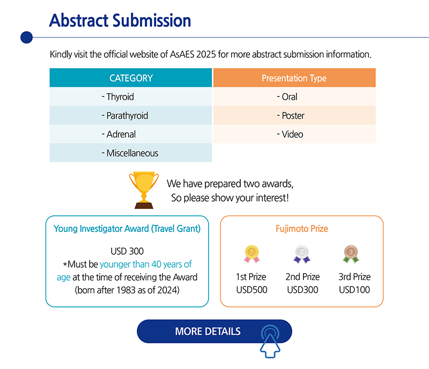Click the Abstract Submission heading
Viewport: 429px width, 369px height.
tap(120, 20)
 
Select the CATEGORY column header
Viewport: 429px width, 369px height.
tap(131, 78)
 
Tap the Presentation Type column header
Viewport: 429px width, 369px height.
tap(294, 78)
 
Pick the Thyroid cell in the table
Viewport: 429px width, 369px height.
tap(131, 96)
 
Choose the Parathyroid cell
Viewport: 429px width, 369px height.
tap(131, 115)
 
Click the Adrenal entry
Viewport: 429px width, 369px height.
tap(131, 134)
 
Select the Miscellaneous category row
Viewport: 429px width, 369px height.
tap(131, 153)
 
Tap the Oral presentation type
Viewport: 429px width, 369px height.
tap(294, 96)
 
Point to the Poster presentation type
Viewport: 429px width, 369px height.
tap(294, 115)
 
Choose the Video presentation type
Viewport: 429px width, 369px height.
tap(294, 134)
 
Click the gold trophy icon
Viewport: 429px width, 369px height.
tap(144, 190)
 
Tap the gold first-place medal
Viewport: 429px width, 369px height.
tap(252, 254)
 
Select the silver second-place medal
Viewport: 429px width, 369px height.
tap(302, 254)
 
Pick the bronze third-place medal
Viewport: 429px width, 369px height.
tap(351, 254)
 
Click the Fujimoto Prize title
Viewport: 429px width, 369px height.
tap(302, 229)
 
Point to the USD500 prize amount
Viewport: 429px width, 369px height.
tap(252, 290)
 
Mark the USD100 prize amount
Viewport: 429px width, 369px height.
tap(354, 290)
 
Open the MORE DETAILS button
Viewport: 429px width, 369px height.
tap(214, 332)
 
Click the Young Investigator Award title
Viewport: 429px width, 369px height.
tap(127, 229)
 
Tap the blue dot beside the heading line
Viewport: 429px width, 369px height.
tap(26, 37)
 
